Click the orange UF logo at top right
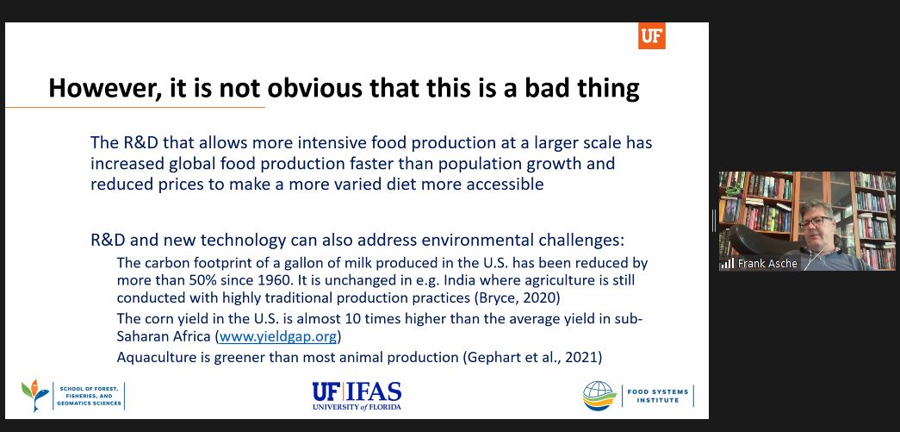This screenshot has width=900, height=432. (x=651, y=35)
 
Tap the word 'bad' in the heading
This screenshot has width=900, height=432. (x=546, y=89)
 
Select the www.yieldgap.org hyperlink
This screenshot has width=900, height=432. (x=278, y=336)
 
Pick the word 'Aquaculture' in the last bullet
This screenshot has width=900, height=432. (x=151, y=357)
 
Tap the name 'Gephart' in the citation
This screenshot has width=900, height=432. (x=488, y=357)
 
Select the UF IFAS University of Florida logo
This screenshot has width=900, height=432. (x=357, y=396)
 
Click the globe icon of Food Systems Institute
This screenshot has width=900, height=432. (x=599, y=396)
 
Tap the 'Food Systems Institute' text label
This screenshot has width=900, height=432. (x=657, y=396)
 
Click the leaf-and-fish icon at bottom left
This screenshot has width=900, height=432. (x=35, y=395)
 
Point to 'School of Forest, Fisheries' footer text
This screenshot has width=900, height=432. (x=89, y=396)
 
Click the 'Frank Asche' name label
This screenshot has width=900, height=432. (x=767, y=264)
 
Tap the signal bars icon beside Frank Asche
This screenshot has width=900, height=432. (x=728, y=264)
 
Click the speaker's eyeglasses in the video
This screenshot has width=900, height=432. (x=815, y=222)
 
